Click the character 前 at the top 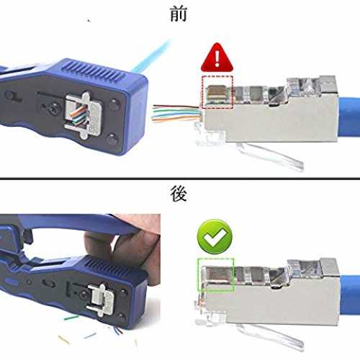tap(179, 14)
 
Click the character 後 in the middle tap(179, 194)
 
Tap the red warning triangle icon tap(217, 58)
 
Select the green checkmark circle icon tap(215, 236)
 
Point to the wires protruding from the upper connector tap(176, 114)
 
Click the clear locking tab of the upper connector tap(269, 156)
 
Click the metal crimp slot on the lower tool tap(100, 300)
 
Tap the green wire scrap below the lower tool tap(71, 318)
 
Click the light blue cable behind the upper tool tap(152, 55)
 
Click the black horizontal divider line tap(180, 179)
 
